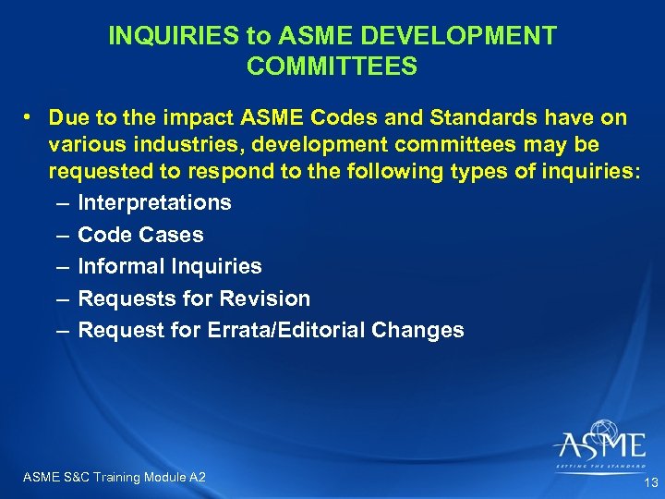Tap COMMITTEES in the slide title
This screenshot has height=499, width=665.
pos(332,67)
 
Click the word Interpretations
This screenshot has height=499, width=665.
pos(154,202)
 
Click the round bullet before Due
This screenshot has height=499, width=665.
pos(30,118)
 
